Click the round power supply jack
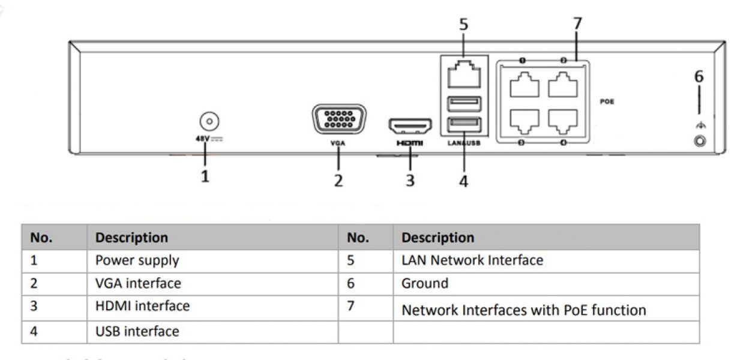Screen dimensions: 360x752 click(x=208, y=122)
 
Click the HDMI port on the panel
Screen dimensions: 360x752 click(x=411, y=125)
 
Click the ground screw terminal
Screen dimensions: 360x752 click(x=699, y=142)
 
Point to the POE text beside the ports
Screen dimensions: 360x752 click(x=607, y=102)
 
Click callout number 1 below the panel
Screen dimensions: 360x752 click(x=205, y=177)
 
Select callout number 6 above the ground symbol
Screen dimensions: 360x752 click(x=699, y=77)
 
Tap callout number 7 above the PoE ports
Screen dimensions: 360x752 click(x=577, y=25)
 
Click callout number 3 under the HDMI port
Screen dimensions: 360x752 click(x=410, y=180)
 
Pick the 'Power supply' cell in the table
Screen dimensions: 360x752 click(x=137, y=260)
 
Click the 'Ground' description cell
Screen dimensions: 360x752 click(x=425, y=283)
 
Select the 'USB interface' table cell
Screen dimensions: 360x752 click(x=137, y=331)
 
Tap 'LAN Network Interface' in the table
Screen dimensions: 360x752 click(x=472, y=260)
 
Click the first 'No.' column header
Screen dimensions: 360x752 click(x=41, y=238)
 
